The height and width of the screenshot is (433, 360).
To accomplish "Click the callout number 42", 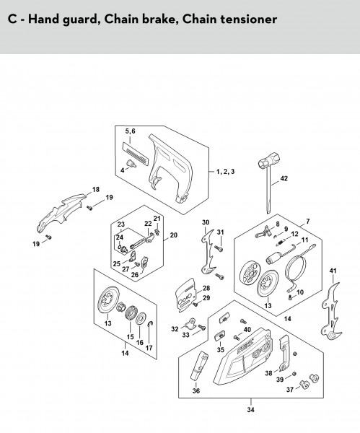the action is [x=284, y=178].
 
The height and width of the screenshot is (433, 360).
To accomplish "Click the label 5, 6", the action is [x=131, y=131].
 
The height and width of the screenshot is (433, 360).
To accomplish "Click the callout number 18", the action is [x=96, y=189].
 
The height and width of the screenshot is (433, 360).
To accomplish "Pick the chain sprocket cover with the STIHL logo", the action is [x=243, y=357].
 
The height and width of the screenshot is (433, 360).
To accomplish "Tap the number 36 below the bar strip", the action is [x=196, y=390].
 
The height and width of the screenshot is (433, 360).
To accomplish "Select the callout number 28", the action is [x=206, y=288].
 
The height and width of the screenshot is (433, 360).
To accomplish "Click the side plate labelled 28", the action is [x=185, y=295].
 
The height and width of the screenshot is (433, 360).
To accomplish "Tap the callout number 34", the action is [x=250, y=409].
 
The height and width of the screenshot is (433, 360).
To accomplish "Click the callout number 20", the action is [x=173, y=235].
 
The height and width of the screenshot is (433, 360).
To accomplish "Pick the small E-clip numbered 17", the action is [x=151, y=323].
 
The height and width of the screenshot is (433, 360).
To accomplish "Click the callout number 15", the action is [x=131, y=336].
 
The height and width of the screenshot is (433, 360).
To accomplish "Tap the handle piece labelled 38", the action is [x=284, y=353].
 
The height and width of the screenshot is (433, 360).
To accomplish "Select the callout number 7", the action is [x=308, y=222].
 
